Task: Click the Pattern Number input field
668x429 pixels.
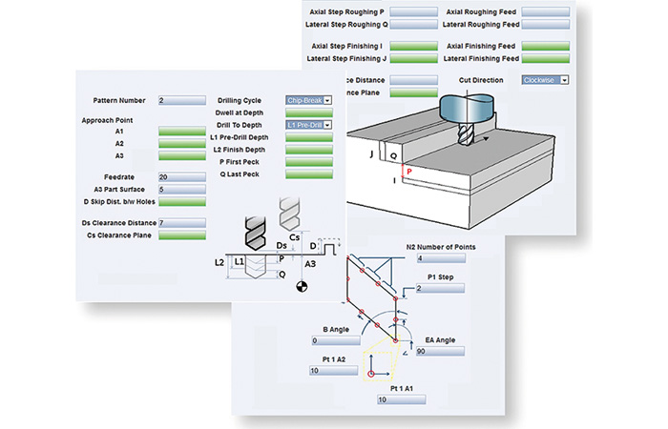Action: point(182,100)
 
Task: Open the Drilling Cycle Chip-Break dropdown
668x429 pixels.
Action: point(309,100)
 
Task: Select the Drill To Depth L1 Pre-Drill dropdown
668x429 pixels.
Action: point(309,125)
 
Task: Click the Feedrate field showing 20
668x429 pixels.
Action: point(182,177)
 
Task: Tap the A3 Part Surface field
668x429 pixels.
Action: point(182,190)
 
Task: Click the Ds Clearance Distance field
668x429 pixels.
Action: point(182,222)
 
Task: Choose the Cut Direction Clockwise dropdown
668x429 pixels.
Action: point(545,80)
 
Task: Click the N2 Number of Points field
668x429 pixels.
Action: point(441,258)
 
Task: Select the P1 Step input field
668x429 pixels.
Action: point(440,288)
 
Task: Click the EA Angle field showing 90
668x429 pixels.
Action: point(440,351)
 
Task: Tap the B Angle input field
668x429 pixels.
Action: point(336,340)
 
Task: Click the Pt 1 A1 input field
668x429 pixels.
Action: point(402,399)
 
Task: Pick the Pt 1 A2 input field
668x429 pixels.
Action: point(334,370)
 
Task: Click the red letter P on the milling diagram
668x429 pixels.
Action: point(409,172)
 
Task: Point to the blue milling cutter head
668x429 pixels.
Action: point(467,110)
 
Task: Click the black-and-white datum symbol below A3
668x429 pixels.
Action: point(302,286)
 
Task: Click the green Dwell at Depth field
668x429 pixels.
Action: point(309,112)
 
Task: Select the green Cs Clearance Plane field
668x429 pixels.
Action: point(182,235)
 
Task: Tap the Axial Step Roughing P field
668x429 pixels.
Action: point(413,11)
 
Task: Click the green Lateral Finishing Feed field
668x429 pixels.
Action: point(545,58)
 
